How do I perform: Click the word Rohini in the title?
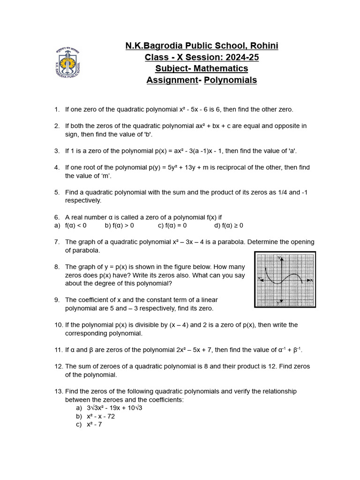[263, 45]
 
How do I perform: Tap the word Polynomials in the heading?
[230, 80]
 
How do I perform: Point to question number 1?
[57, 109]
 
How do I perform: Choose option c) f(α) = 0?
[172, 225]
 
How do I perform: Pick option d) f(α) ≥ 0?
[229, 225]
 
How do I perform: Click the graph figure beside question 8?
[285, 279]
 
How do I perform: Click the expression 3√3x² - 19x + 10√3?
[114, 408]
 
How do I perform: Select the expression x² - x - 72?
[101, 416]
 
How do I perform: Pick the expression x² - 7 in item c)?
[94, 424]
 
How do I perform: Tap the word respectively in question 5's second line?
[83, 200]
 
